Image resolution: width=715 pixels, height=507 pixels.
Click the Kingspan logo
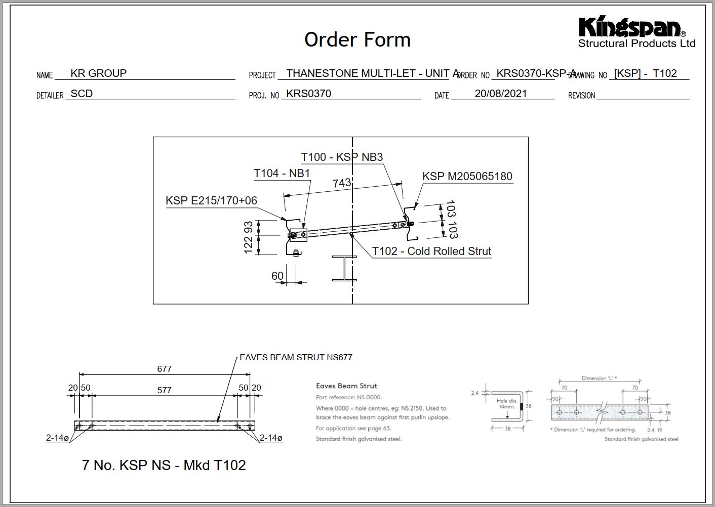[x=636, y=31]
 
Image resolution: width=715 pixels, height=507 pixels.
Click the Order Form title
[x=357, y=39]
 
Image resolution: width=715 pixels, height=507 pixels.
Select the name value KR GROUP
[x=98, y=73]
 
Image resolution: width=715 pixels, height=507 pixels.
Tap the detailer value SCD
[x=82, y=94]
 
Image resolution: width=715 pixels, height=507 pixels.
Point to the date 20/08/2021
[x=500, y=94]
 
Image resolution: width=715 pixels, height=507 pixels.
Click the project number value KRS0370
[x=308, y=94]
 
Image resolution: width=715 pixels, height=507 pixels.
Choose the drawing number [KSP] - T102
[x=645, y=73]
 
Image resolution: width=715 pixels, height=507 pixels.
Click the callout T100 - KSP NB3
[x=342, y=157]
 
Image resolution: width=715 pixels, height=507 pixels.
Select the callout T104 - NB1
[x=282, y=174]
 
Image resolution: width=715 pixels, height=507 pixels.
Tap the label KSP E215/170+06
[x=211, y=201]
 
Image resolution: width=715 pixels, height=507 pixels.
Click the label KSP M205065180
[x=467, y=177]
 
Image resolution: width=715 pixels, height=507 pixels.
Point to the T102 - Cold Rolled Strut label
[x=431, y=251]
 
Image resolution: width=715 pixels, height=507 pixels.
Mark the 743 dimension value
[x=342, y=183]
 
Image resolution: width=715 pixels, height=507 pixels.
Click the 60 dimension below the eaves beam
[x=277, y=276]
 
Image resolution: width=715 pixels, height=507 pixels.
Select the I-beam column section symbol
[x=344, y=268]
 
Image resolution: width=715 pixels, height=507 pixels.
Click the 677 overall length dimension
[x=164, y=369]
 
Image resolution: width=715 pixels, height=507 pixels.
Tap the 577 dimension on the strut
[x=164, y=390]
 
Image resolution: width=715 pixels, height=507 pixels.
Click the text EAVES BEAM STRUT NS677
[x=296, y=357]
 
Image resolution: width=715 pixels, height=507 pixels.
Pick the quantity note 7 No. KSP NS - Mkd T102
[x=164, y=465]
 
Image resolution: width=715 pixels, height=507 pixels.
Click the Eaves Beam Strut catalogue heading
[x=346, y=386]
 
